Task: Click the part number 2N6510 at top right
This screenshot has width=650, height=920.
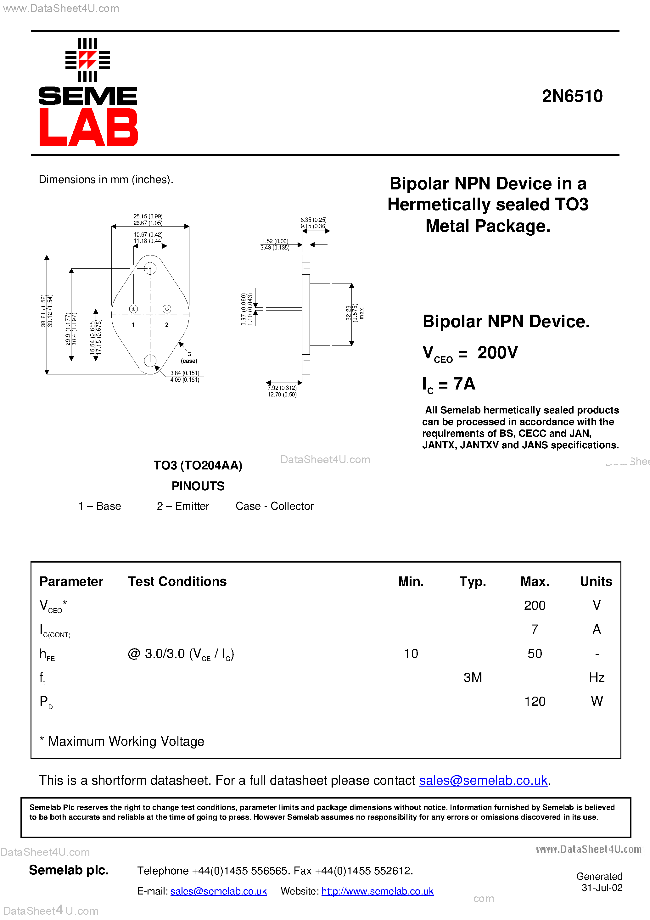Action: click(572, 96)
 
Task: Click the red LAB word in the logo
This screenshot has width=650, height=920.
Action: click(88, 127)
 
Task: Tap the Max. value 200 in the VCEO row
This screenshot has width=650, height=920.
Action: click(535, 605)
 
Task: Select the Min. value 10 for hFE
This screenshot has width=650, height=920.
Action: click(411, 654)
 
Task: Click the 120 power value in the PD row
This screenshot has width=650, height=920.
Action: click(535, 701)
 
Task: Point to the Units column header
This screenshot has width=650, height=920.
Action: click(596, 581)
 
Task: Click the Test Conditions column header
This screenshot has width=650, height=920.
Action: click(177, 581)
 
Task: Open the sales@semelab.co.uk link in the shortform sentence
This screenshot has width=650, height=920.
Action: click(483, 780)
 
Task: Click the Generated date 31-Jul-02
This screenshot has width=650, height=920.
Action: click(602, 888)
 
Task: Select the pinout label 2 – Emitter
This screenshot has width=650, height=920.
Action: click(183, 506)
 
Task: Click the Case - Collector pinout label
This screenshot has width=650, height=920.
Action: click(275, 506)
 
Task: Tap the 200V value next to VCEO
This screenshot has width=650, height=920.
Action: click(497, 353)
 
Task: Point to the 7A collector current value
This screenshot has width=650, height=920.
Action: click(464, 384)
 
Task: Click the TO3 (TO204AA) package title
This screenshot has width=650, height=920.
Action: click(198, 465)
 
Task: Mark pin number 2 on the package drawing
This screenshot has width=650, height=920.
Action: click(167, 325)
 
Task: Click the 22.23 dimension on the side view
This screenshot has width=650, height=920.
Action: click(348, 313)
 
